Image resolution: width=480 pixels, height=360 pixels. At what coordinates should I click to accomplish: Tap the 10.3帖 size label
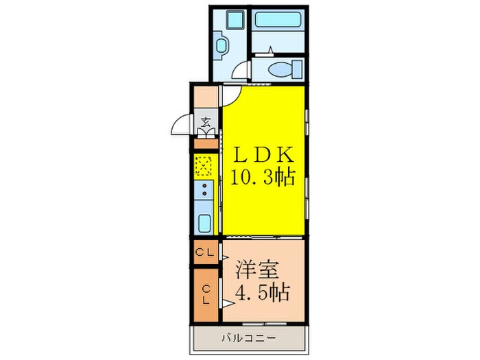[263, 178]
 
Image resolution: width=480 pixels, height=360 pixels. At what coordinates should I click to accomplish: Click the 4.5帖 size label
[263, 293]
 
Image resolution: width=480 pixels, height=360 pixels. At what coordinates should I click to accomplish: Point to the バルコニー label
[249, 338]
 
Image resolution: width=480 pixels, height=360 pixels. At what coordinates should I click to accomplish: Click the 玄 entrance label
[206, 124]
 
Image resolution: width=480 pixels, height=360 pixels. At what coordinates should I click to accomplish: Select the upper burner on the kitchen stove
[204, 186]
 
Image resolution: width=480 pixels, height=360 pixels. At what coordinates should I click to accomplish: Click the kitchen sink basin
[204, 222]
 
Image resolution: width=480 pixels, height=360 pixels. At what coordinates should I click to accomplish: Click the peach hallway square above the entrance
[205, 98]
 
